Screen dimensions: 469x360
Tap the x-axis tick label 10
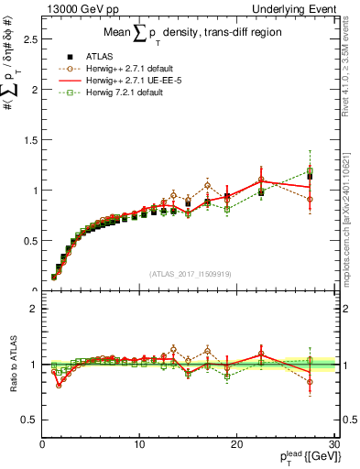point(139,444)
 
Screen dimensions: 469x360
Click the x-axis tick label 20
point(237,444)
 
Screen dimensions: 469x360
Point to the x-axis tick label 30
point(334,444)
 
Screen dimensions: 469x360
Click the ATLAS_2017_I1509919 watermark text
point(189,273)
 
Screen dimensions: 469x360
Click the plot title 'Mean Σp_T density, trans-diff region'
point(188,34)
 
